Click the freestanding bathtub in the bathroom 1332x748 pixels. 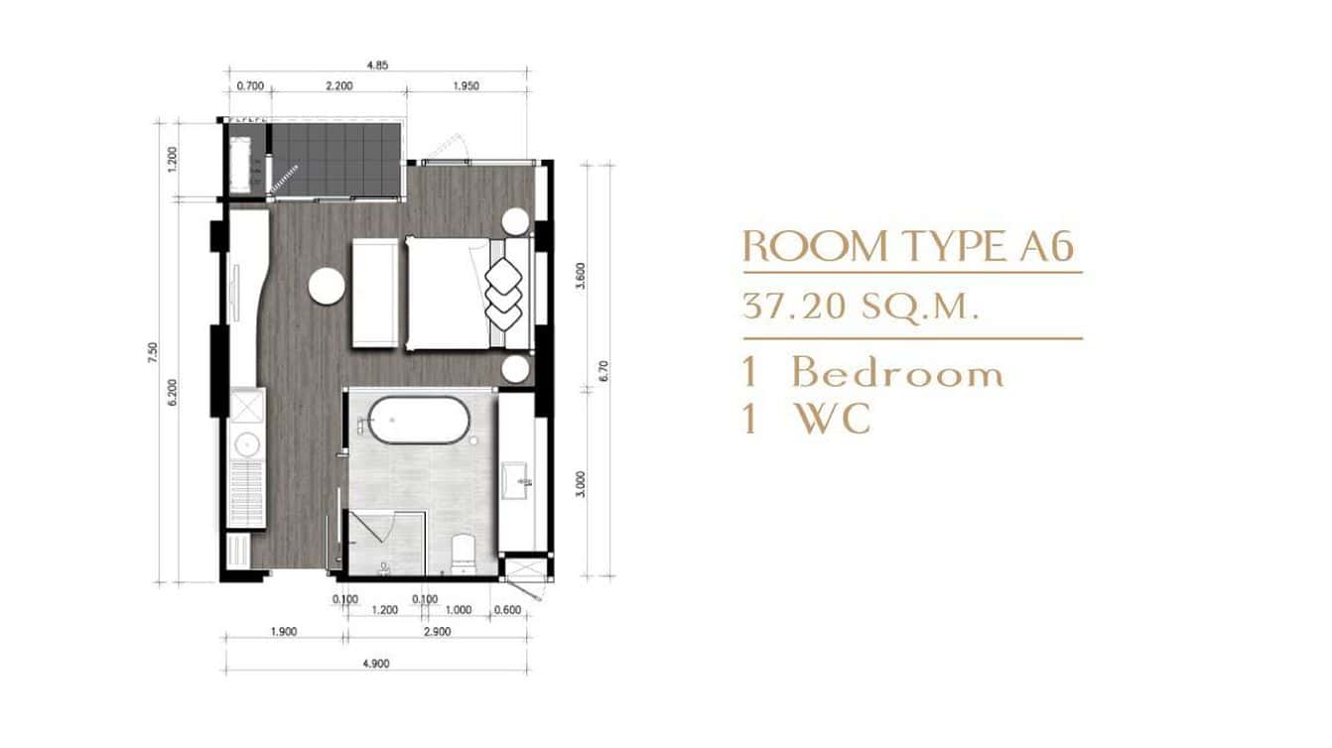pos(419,421)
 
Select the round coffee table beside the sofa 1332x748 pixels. pos(327,287)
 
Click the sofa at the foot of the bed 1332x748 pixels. pos(375,293)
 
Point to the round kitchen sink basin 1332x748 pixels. pos(245,443)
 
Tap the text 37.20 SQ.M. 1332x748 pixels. pos(860,307)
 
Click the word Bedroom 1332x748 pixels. pos(897,374)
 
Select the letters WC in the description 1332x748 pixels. pos(833,419)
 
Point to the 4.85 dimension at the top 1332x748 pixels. pos(376,65)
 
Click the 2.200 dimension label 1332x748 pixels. pos(338,86)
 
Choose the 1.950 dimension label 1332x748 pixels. pos(465,86)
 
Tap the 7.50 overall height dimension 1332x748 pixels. pos(154,353)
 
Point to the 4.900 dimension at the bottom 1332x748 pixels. pos(375,665)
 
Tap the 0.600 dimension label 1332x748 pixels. pos(507,610)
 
